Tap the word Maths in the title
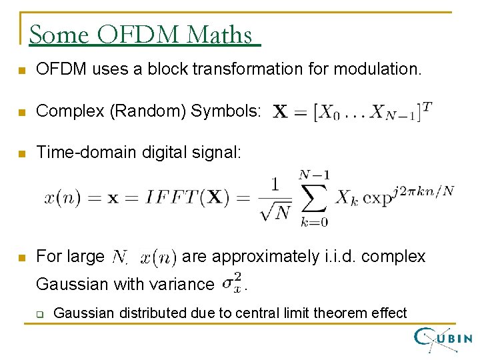point(221,34)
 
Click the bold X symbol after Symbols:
point(281,112)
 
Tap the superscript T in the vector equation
point(427,105)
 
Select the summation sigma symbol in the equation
point(313,197)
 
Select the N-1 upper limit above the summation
point(313,175)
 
